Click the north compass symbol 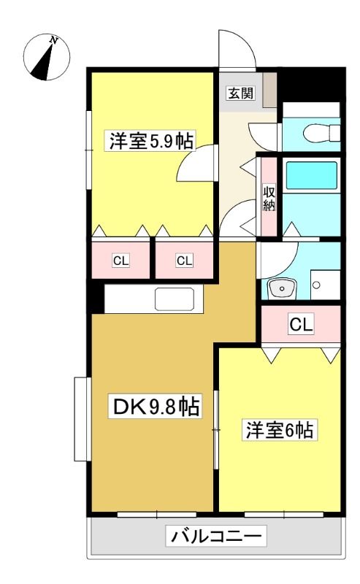point(47,57)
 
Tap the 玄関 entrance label point(241,93)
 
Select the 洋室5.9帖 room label point(151,141)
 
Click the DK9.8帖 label point(155,407)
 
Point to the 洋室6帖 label point(279,430)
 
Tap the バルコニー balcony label point(217,537)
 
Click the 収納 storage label point(269,197)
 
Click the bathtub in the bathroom point(311,175)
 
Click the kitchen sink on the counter point(175,299)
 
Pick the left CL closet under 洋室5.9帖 point(120,261)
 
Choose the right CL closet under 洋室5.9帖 point(184,261)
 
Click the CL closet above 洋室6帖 point(301,324)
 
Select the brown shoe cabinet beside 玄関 point(269,91)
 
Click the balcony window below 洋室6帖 point(284,515)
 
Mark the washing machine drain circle point(316,285)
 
